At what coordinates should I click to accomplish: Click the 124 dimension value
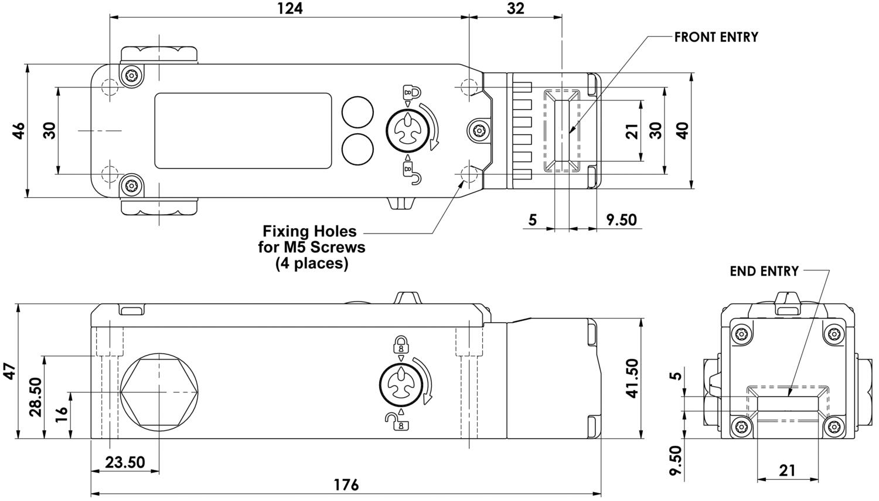pyautogui.click(x=290, y=8)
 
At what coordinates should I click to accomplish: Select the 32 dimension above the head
pyautogui.click(x=516, y=8)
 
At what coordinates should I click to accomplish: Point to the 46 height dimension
pyautogui.click(x=19, y=130)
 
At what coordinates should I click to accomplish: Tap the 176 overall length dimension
pyautogui.click(x=346, y=485)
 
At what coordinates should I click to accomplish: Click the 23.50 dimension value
pyautogui.click(x=125, y=462)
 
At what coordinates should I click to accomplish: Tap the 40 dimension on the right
pyautogui.click(x=682, y=130)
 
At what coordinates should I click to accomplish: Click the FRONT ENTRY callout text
pyautogui.click(x=716, y=37)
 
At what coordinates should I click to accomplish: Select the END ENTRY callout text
pyautogui.click(x=764, y=271)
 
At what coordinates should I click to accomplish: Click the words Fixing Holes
pyautogui.click(x=309, y=231)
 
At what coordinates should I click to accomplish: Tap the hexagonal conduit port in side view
pyautogui.click(x=159, y=391)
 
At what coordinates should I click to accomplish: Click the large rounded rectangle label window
pyautogui.click(x=243, y=131)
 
